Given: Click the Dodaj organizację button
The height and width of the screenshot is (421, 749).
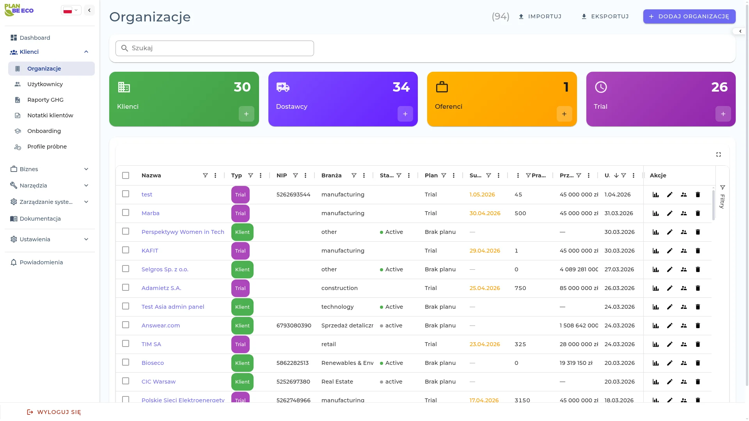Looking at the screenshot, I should pyautogui.click(x=689, y=16).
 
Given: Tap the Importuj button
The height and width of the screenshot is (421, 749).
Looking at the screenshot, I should pyautogui.click(x=540, y=16).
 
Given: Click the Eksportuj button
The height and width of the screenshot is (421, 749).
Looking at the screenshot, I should pyautogui.click(x=605, y=16).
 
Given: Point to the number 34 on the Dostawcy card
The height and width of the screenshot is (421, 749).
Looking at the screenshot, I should pyautogui.click(x=401, y=87).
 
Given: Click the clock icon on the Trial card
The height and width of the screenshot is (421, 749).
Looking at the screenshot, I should pyautogui.click(x=601, y=87).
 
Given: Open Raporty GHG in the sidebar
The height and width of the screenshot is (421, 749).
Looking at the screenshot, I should pyautogui.click(x=45, y=100).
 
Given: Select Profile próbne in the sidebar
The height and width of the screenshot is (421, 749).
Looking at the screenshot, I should pyautogui.click(x=47, y=147).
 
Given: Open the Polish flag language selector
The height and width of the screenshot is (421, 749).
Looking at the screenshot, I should pyautogui.click(x=71, y=11).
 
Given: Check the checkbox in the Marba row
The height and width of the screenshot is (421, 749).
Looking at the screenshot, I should pyautogui.click(x=126, y=213).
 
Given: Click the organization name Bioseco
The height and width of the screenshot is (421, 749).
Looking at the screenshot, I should pyautogui.click(x=153, y=363).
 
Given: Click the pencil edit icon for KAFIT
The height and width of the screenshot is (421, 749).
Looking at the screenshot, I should pyautogui.click(x=670, y=251).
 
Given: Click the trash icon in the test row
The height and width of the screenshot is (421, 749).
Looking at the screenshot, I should pyautogui.click(x=698, y=195).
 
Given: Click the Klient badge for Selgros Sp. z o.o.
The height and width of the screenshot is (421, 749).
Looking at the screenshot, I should pyautogui.click(x=242, y=269).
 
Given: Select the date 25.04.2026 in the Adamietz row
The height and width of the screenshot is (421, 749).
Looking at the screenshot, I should pyautogui.click(x=485, y=288).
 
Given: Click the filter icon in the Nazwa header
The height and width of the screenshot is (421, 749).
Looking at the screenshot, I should pyautogui.click(x=205, y=175).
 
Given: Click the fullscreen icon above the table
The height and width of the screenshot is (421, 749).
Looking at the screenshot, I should pyautogui.click(x=719, y=154).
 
